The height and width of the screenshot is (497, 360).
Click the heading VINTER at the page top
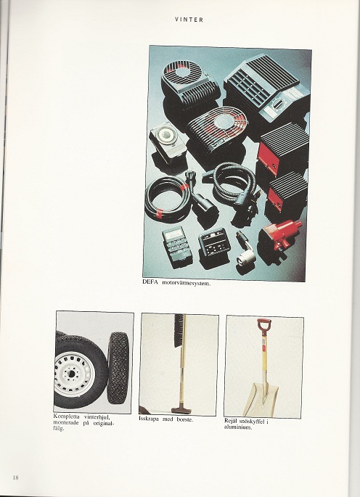tap(189, 20)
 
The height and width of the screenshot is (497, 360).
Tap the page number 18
tap(15, 477)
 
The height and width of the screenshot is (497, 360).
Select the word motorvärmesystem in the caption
tap(187, 283)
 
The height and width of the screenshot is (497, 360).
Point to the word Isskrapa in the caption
tap(149, 419)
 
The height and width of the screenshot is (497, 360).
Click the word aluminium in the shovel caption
tap(238, 427)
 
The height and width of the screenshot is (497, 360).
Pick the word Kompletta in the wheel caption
tap(66, 416)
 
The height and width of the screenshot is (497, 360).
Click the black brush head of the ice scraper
tap(179, 330)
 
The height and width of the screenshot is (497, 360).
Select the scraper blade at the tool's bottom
tap(181, 410)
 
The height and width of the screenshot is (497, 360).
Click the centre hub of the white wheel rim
tap(71, 374)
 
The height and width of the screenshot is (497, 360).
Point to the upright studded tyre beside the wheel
tap(118, 368)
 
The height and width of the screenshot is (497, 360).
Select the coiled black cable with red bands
tap(168, 199)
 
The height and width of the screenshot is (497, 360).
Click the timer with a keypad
tap(177, 246)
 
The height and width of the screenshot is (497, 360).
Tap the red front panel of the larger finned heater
tap(269, 158)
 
